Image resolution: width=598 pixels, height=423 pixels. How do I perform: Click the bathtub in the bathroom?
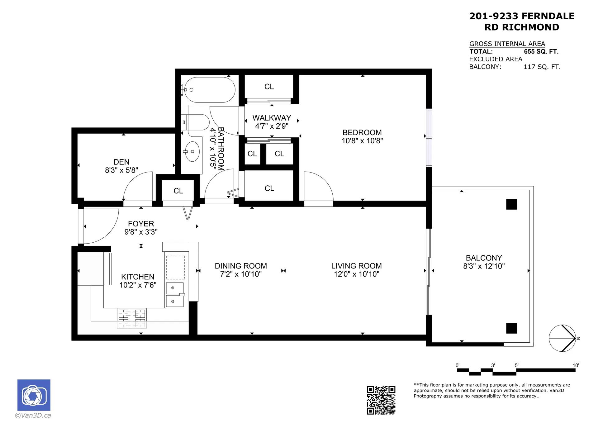pos(209,90)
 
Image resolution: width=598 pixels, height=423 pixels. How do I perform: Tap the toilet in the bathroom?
pos(196,122)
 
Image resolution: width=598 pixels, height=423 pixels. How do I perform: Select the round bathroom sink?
pos(192,152)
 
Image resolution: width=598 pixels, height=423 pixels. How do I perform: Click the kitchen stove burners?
pos(132,318)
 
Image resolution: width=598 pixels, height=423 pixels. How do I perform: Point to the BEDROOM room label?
pos(362,132)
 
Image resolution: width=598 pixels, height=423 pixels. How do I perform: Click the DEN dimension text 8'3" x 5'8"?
pos(121,170)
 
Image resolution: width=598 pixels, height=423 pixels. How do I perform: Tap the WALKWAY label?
pos(272,118)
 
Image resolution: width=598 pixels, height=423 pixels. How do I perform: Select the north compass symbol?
pos(562,338)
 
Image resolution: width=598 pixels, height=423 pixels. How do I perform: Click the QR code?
pos(381,400)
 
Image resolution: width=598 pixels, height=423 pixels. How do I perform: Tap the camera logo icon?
pos(34,395)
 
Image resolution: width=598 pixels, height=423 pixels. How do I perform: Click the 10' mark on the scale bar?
pos(576,365)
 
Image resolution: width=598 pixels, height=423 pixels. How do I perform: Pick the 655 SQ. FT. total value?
pos(541,51)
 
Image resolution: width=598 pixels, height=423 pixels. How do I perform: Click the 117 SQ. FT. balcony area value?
pos(542,67)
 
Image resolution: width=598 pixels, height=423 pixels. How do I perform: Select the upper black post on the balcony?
pos(511,204)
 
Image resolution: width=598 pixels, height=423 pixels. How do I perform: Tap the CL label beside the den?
pos(178,191)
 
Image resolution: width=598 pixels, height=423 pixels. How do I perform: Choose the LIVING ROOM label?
pos(356,266)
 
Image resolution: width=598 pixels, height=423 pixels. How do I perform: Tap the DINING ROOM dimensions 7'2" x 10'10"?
pos(241,274)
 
